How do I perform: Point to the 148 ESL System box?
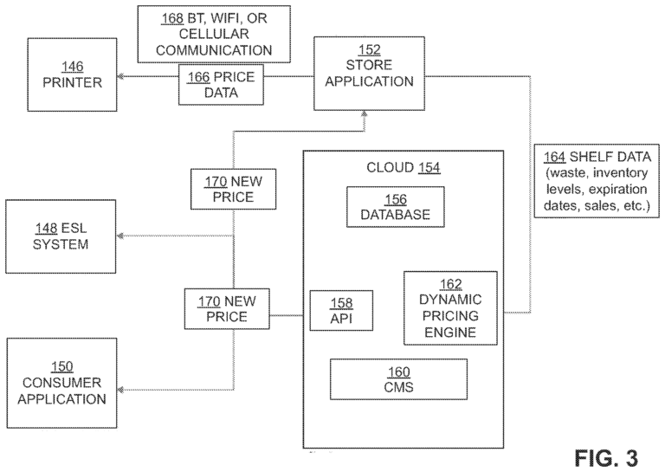click(61, 236)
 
